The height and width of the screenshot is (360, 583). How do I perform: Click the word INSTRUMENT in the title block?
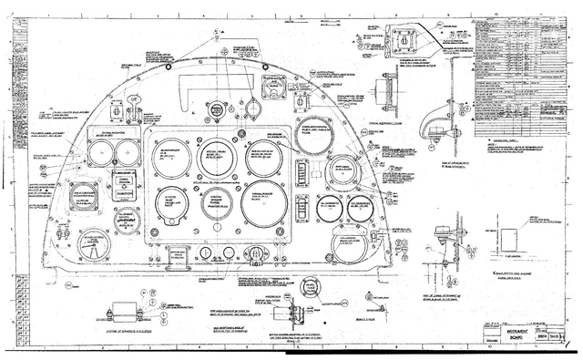[510, 334]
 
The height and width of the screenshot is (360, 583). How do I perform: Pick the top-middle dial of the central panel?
[217, 156]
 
